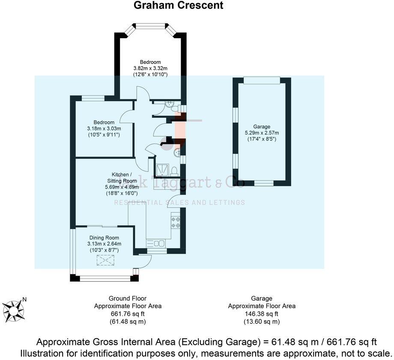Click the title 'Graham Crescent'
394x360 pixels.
(178, 6)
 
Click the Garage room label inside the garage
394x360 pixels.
(261, 126)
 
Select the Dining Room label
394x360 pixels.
(104, 238)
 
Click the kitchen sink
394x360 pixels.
(157, 243)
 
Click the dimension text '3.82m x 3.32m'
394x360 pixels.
(150, 68)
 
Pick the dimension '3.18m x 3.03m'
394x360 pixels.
(98, 129)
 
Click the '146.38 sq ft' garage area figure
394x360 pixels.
(261, 314)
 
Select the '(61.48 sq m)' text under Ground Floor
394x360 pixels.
(128, 321)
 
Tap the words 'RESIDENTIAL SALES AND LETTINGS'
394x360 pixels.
(179, 202)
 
